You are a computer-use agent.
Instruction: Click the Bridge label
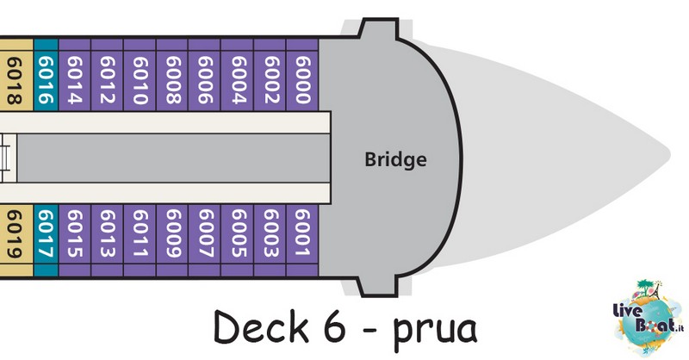[x=395, y=159]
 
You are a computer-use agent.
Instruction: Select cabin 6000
[x=302, y=75]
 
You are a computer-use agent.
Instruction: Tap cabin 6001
[x=302, y=240]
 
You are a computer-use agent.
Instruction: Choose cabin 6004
[x=238, y=75]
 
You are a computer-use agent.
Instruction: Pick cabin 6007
[x=205, y=240]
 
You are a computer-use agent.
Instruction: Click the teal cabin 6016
[x=46, y=75]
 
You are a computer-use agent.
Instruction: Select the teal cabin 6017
[x=46, y=240]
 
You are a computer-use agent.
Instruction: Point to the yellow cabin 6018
[x=16, y=75]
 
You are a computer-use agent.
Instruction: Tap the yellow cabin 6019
[x=16, y=240]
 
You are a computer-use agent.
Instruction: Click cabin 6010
[x=140, y=75]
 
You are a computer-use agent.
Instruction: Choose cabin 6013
[x=107, y=240]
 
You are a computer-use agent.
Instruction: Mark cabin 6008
[x=172, y=75]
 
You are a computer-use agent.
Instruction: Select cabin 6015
[x=75, y=240]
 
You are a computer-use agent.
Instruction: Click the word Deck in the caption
[x=261, y=326]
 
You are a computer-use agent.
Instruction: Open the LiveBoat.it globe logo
[x=649, y=317]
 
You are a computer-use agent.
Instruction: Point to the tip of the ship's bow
[x=670, y=154]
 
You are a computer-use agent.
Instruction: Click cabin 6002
[x=270, y=75]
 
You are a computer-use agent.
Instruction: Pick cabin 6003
[x=270, y=240]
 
